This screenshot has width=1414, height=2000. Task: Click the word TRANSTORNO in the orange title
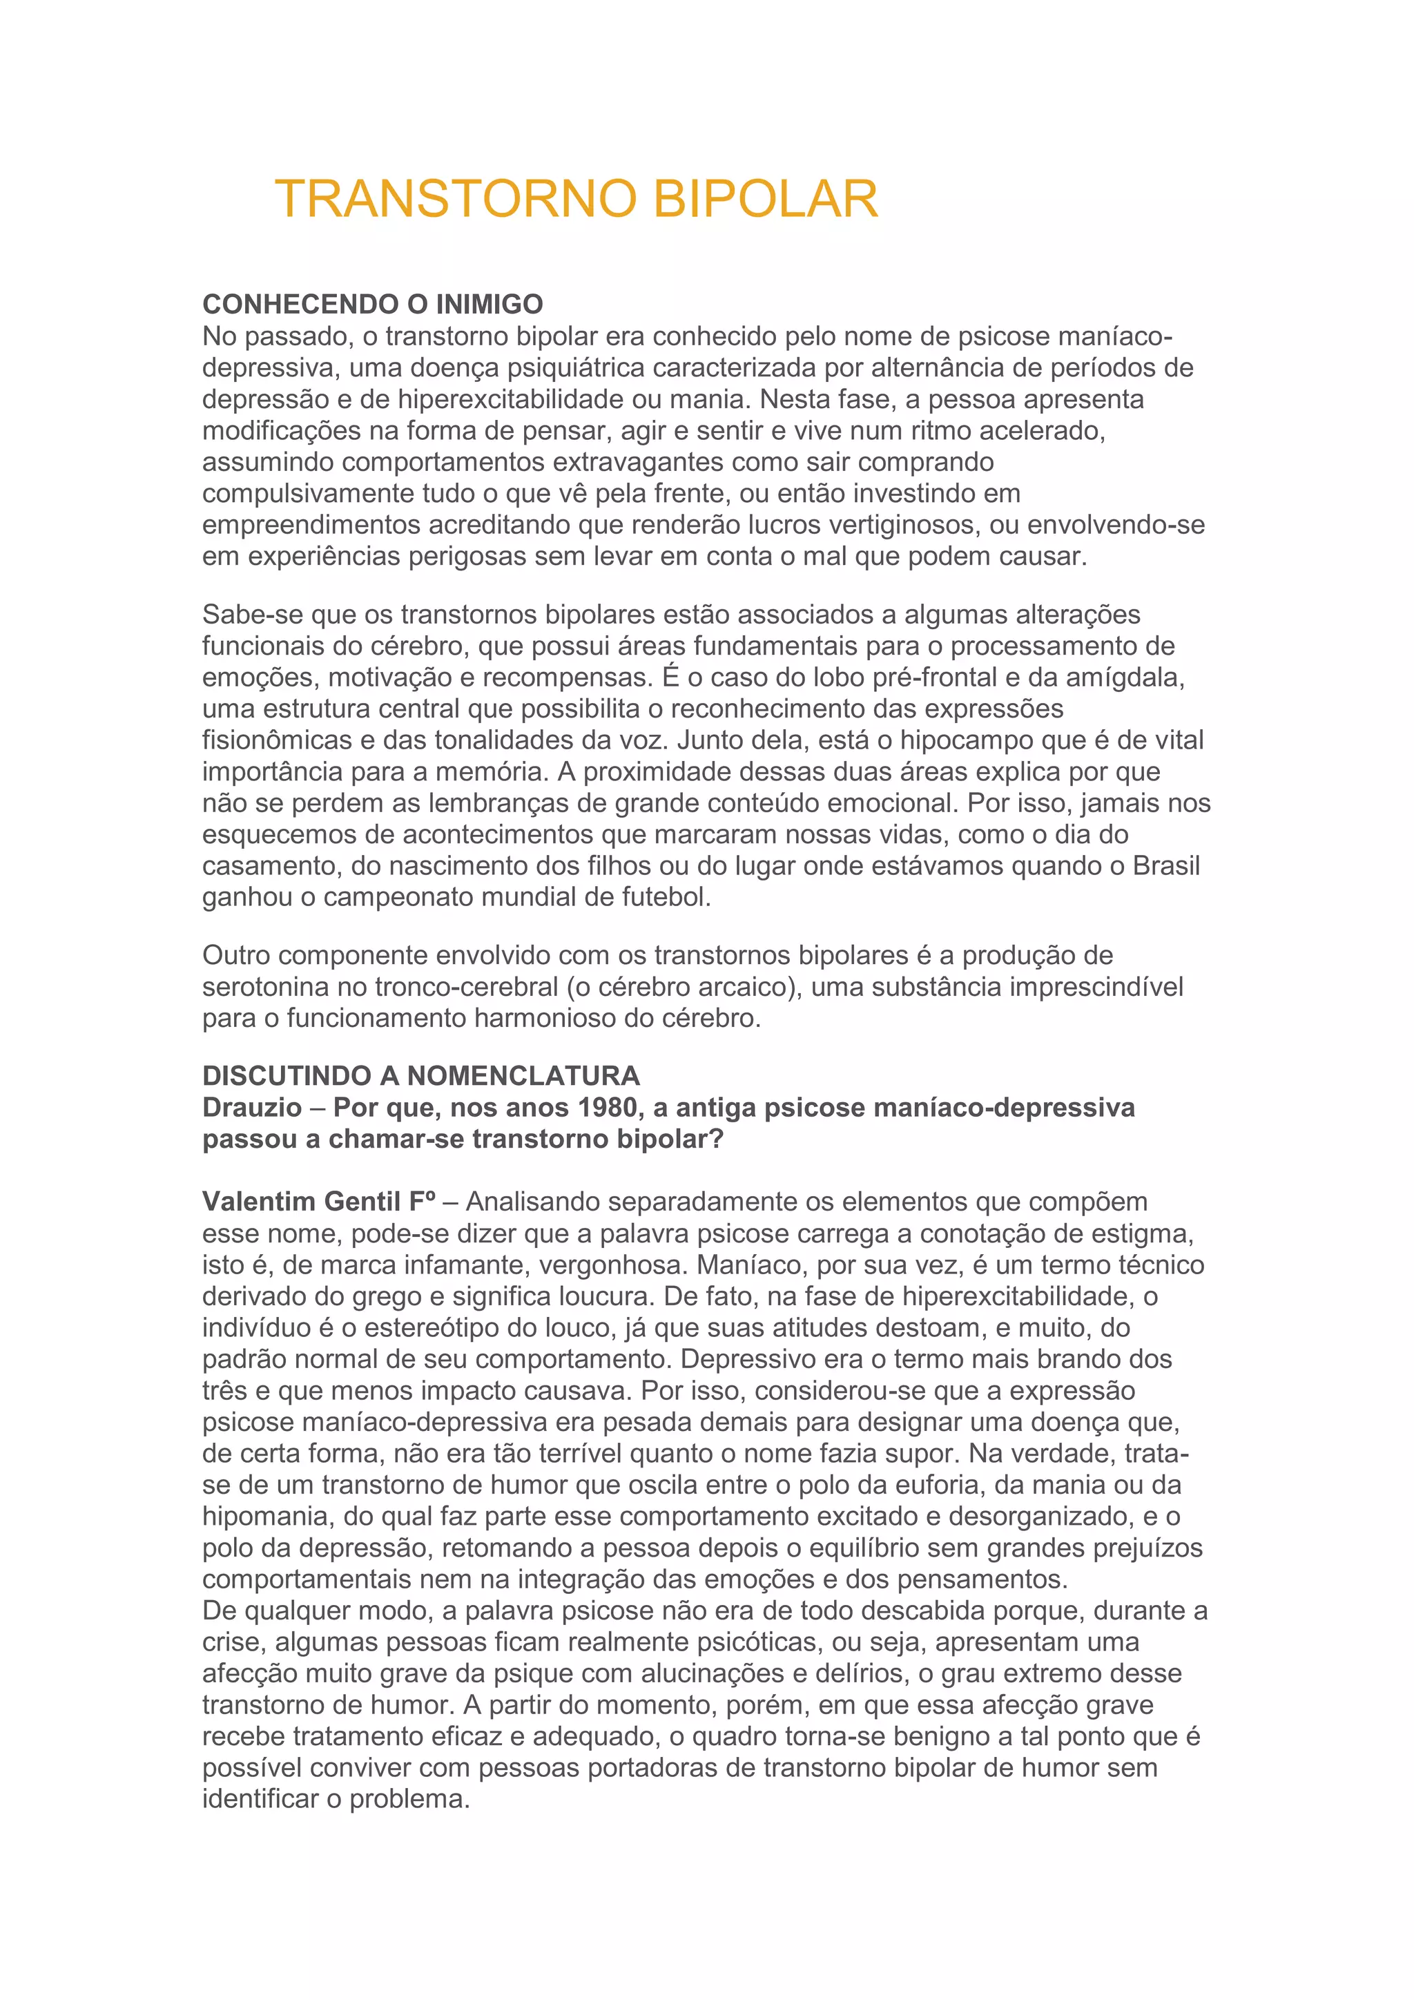(456, 200)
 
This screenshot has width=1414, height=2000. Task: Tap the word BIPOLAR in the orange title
(764, 200)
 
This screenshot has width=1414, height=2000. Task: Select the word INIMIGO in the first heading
(490, 304)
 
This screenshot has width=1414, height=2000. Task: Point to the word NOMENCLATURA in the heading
(523, 1076)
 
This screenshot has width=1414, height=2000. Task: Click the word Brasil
(1166, 866)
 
